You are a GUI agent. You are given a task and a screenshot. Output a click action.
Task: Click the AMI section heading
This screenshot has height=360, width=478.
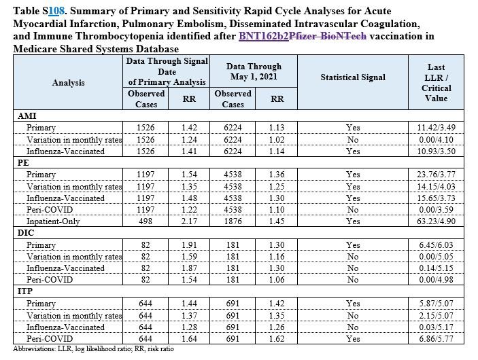point(24,116)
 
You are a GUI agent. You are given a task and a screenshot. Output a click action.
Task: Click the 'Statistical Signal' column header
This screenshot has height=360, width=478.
point(353,77)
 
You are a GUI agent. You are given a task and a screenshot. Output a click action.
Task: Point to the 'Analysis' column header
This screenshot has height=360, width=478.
point(68,82)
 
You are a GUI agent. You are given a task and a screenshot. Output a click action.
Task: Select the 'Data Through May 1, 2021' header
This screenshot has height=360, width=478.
point(254,71)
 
